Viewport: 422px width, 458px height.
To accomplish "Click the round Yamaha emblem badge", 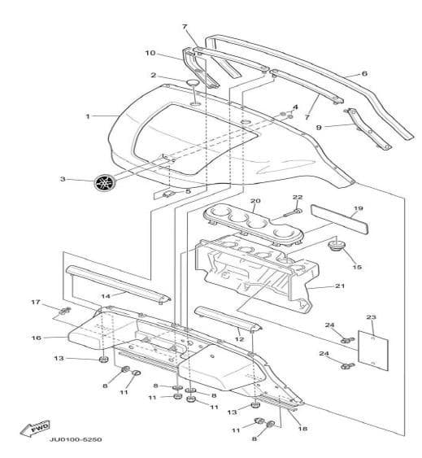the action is point(105,182).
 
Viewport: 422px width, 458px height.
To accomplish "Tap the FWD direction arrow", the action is point(35,429).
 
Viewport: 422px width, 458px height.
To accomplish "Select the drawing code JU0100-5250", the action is point(76,439).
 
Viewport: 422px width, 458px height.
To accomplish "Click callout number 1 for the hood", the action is point(88,116).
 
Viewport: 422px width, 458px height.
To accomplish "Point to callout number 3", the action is point(63,179).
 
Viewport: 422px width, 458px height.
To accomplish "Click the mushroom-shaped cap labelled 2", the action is point(193,83).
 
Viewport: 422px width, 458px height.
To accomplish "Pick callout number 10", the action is point(150,53).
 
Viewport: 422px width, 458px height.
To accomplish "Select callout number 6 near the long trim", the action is point(364,73).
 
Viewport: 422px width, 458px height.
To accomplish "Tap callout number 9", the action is point(319,128).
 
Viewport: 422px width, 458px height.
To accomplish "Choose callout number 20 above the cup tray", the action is point(255,201).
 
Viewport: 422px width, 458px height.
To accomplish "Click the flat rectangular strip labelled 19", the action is point(339,219).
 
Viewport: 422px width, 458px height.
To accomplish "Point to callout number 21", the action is point(340,286).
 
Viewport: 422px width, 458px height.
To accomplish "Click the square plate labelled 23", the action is point(373,351).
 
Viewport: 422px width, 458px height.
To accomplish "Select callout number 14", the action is point(106,296).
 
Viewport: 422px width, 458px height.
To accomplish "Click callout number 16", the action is point(37,338).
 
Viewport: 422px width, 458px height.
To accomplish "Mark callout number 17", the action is point(36,302).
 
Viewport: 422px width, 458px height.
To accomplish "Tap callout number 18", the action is point(302,429).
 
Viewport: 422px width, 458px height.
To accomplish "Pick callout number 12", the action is point(239,339).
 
